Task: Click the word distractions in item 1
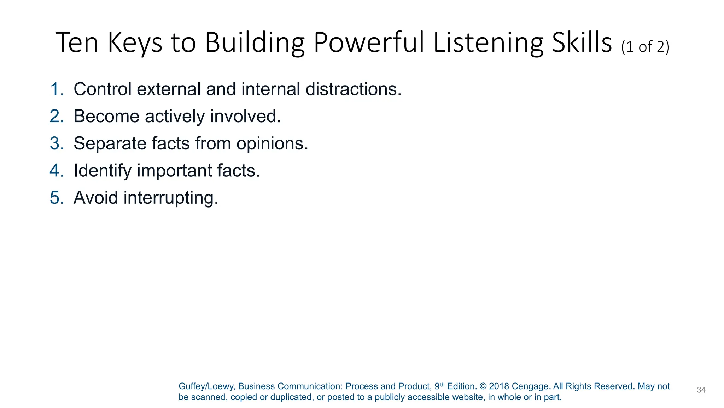click(x=353, y=89)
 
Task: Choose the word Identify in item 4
click(x=103, y=171)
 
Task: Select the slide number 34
click(x=701, y=390)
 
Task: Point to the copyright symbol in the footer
click(x=483, y=386)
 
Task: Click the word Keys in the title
click(x=135, y=43)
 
